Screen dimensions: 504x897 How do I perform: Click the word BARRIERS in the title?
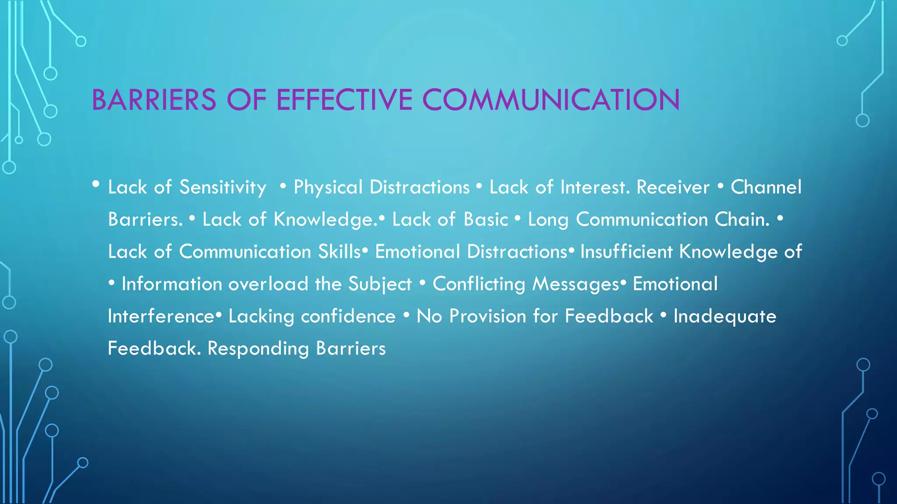pyautogui.click(x=154, y=100)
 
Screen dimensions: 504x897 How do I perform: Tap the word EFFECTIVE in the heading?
pyautogui.click(x=344, y=100)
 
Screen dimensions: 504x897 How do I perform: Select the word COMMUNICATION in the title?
pyautogui.click(x=551, y=100)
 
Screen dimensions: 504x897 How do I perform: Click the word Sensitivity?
pyautogui.click(x=223, y=188)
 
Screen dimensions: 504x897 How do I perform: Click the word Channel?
pyautogui.click(x=766, y=188)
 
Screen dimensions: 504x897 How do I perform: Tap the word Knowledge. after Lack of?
pyautogui.click(x=325, y=220)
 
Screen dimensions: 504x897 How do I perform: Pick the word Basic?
pyautogui.click(x=486, y=220)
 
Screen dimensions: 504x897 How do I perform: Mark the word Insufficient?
pyautogui.click(x=626, y=252)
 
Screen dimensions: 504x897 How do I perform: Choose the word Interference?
pyautogui.click(x=161, y=316)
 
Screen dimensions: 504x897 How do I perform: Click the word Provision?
pyautogui.click(x=488, y=316)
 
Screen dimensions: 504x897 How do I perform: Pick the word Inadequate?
pyautogui.click(x=725, y=316)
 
